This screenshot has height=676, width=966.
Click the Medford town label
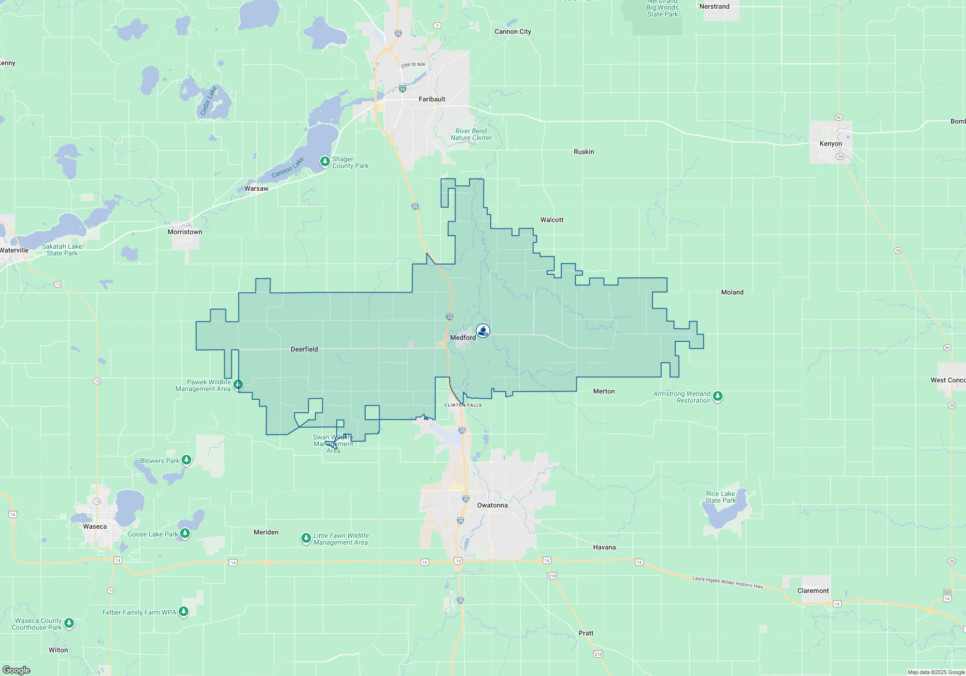463,338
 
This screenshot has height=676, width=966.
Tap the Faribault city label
432,99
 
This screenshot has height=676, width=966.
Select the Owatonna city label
492,505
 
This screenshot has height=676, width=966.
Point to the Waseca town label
95,526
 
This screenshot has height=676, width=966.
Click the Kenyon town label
830,143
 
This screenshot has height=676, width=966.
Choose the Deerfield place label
304,349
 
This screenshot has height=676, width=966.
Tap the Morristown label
185,232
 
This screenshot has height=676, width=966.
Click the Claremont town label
813,591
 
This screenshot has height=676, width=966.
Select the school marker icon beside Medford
483,330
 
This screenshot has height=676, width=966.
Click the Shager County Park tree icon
325,161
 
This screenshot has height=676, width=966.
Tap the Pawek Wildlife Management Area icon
238,384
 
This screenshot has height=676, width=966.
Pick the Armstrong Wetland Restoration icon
718,396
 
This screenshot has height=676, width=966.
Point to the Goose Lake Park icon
185,533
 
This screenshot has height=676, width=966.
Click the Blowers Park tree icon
186,460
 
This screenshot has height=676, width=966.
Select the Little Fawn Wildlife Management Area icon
306,537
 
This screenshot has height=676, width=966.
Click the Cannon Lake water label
288,167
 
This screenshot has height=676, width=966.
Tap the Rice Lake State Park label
720,497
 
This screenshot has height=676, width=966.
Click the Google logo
16,670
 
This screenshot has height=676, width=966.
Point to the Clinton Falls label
463,405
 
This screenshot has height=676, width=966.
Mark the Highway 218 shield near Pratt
598,654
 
